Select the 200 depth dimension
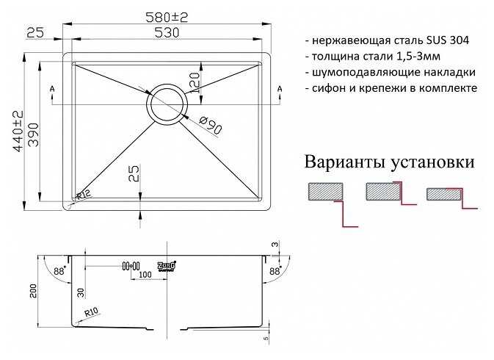[x=33, y=293]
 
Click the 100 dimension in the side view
[x=145, y=274]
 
